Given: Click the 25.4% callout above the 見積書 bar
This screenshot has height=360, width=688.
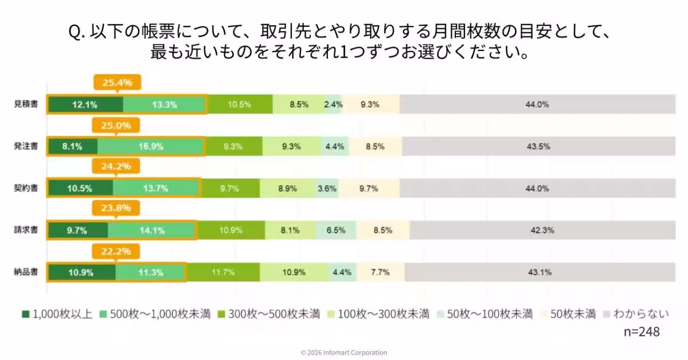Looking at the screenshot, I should point(117,83).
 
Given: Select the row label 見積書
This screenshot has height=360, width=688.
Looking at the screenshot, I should point(26,104).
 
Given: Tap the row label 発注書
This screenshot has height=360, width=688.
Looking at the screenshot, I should point(26,146).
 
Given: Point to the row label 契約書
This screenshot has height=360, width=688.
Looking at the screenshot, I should point(26,189).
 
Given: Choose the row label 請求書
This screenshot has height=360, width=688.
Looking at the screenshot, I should point(26,230).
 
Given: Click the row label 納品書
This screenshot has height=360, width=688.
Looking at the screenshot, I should point(26,272).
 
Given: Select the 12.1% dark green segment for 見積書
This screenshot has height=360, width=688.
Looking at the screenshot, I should point(85,104).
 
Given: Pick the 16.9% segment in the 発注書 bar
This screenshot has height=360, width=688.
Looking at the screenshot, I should point(150,146).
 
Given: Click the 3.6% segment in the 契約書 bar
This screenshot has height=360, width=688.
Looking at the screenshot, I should point(327,189).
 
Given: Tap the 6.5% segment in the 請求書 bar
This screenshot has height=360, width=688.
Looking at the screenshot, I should point(335,230).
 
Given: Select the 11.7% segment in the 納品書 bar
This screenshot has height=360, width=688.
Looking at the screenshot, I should point(223,272).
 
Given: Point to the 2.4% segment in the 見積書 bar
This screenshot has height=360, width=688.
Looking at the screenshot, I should point(333,104).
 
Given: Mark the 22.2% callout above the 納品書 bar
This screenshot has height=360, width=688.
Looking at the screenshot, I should point(117,251).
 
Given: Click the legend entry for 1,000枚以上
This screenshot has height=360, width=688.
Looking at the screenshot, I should point(57,314).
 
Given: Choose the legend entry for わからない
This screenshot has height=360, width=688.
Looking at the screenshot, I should point(634,314).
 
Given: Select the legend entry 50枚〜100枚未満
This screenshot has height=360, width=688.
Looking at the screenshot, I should point(485,314).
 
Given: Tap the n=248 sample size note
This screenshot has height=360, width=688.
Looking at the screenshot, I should point(641,332).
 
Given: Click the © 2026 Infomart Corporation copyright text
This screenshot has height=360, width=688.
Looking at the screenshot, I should point(344,353).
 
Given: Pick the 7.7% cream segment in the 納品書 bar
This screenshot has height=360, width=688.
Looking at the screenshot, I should point(380,272).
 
